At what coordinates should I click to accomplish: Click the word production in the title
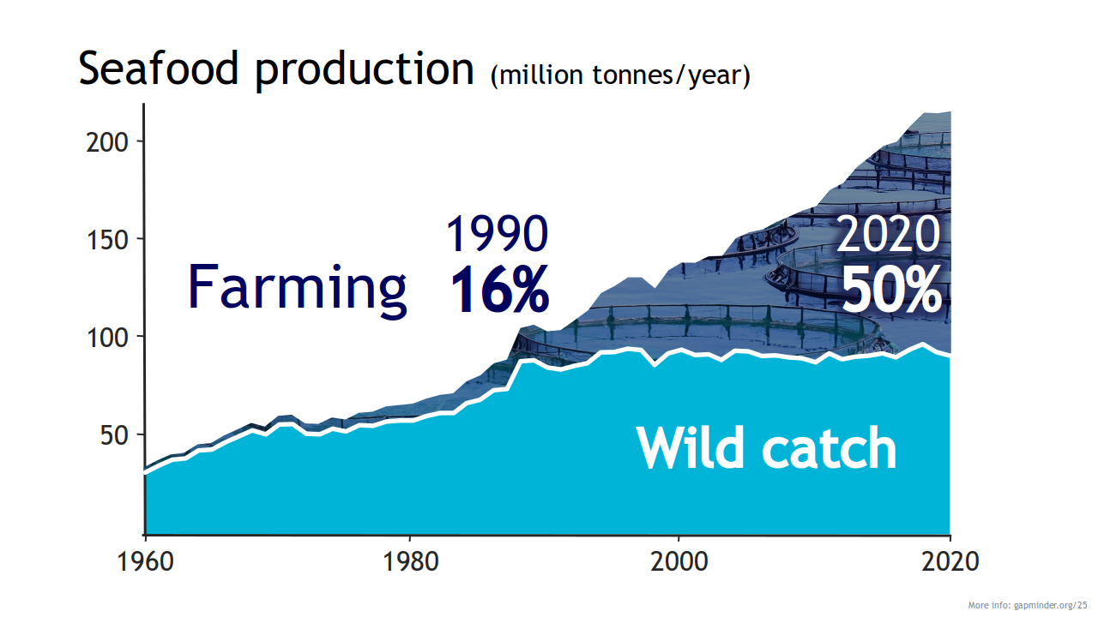click(x=365, y=70)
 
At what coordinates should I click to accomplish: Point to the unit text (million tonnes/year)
click(x=620, y=75)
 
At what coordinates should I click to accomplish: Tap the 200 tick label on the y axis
click(x=107, y=141)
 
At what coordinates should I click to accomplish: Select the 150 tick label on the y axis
click(x=107, y=239)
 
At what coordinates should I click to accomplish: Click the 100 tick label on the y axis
click(x=107, y=337)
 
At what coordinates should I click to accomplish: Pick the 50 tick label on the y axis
click(x=114, y=434)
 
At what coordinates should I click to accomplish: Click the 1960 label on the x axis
click(x=146, y=562)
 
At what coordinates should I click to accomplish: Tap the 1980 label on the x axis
click(x=410, y=562)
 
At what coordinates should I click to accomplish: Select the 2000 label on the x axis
click(x=679, y=562)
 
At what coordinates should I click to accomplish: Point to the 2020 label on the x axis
click(x=949, y=562)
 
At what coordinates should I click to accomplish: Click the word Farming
click(x=297, y=287)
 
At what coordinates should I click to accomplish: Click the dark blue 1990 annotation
click(x=497, y=234)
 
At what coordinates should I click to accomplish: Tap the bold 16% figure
click(x=498, y=290)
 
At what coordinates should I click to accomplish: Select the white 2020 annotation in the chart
click(x=888, y=234)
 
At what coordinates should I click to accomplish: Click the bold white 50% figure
click(x=891, y=291)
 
